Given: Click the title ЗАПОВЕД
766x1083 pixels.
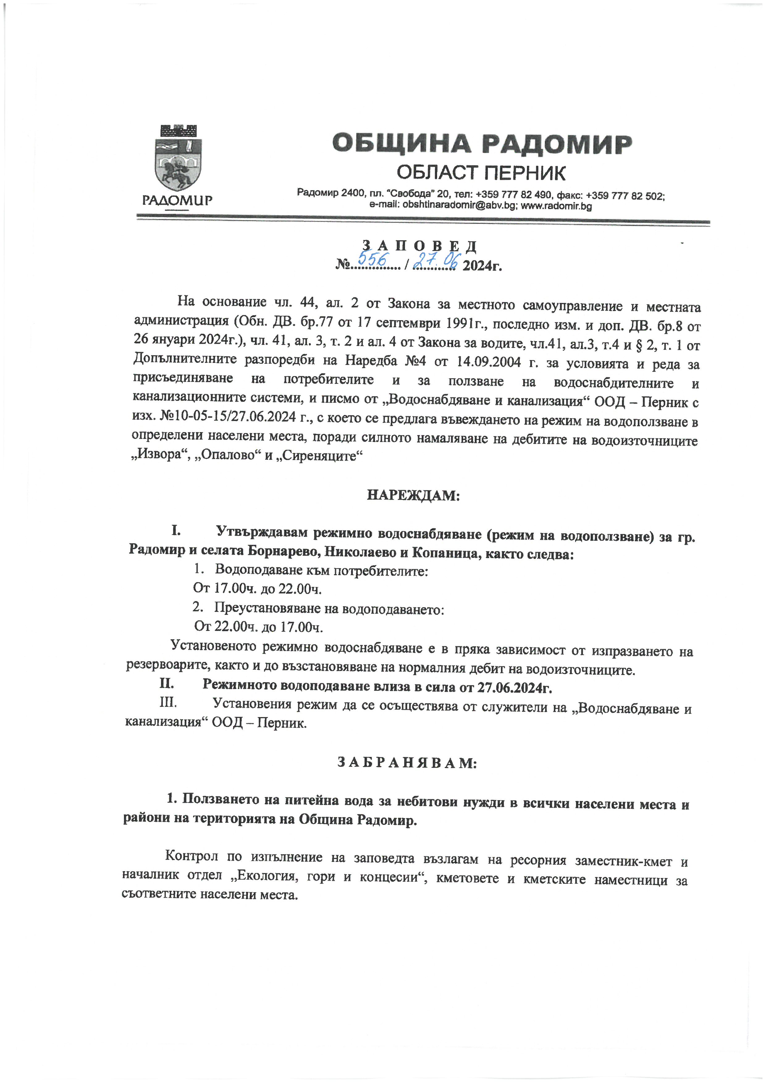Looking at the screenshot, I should click(419, 246).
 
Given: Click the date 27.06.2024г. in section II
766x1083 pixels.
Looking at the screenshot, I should click(514, 687).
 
